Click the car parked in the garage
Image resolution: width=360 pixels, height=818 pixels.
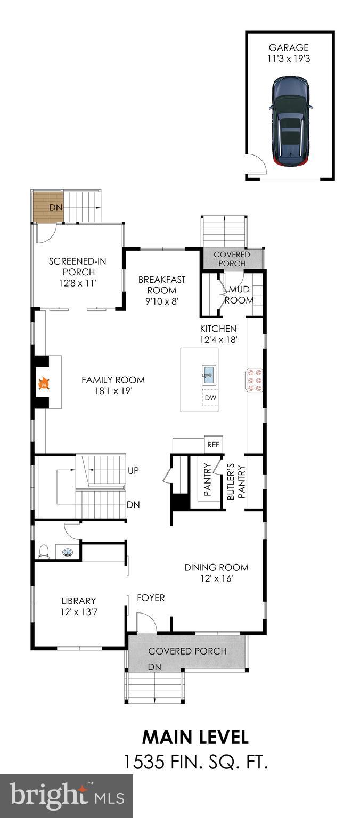click(290, 120)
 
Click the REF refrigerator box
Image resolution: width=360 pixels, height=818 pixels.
click(214, 445)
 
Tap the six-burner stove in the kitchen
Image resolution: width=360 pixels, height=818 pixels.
click(254, 380)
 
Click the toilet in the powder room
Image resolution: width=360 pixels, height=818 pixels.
click(44, 551)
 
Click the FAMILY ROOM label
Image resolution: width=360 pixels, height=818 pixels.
click(113, 380)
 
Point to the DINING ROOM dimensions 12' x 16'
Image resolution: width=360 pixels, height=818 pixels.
click(216, 578)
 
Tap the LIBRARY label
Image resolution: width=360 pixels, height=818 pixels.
click(78, 601)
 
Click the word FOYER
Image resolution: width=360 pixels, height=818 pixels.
click(151, 598)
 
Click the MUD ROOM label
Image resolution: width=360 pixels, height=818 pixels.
click(239, 295)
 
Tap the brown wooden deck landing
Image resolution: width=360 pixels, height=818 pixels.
click(48, 207)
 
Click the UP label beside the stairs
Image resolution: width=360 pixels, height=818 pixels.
click(134, 471)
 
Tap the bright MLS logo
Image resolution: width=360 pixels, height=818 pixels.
click(67, 796)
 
